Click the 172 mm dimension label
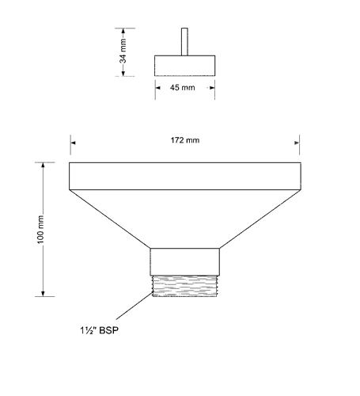pyautogui.click(x=185, y=140)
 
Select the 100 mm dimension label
pyautogui.click(x=40, y=230)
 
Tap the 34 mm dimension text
pyautogui.click(x=123, y=51)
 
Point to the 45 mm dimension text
pyautogui.click(x=183, y=87)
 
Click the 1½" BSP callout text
pyautogui.click(x=100, y=330)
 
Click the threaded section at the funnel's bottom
pyautogui.click(x=184, y=286)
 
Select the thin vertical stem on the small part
pyautogui.click(x=184, y=42)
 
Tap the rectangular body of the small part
pyautogui.click(x=184, y=66)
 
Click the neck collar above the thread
pyautogui.click(x=185, y=262)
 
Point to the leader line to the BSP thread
pyautogui.click(x=135, y=306)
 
